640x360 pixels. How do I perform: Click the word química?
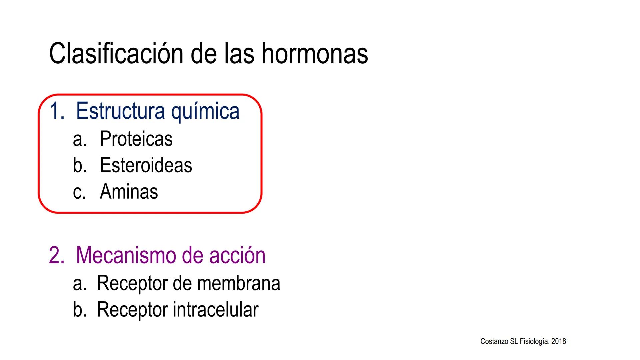tap(205, 112)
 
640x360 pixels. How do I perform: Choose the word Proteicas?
tap(136, 139)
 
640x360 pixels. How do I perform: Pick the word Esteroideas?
tap(146, 165)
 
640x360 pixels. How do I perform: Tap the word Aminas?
tap(129, 192)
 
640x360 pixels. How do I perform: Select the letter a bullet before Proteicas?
tap(78, 140)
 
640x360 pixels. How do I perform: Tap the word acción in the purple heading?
tap(237, 255)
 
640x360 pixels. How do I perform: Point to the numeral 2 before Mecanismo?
tap(55, 255)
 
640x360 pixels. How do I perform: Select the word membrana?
tap(239, 283)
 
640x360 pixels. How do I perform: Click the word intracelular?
tap(216, 309)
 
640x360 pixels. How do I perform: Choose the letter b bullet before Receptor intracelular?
tap(78, 309)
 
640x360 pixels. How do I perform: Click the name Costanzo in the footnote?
tap(494, 341)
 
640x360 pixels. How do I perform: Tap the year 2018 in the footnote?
tap(559, 341)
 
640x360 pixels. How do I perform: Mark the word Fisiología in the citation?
tap(534, 342)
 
